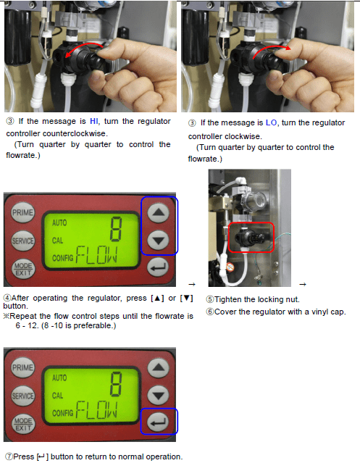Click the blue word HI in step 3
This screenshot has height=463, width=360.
(x=94, y=121)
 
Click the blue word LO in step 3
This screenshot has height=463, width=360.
(x=271, y=122)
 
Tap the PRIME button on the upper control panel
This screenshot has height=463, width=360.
(x=22, y=212)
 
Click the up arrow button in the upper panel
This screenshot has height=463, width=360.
(x=159, y=212)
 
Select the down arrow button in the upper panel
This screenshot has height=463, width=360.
(x=159, y=240)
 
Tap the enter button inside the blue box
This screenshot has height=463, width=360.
(x=159, y=422)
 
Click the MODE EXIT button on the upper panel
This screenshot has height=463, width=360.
(x=23, y=269)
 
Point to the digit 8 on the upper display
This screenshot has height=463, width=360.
(x=116, y=229)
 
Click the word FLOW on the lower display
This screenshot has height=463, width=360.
(x=97, y=410)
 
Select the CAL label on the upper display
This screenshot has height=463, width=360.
(x=57, y=241)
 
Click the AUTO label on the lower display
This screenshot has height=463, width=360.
(x=59, y=378)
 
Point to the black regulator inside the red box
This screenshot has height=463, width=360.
(x=251, y=237)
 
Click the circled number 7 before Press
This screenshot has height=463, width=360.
(x=9, y=456)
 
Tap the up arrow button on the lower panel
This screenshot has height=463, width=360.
(x=159, y=367)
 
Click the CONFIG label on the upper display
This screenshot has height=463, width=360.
(x=62, y=258)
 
